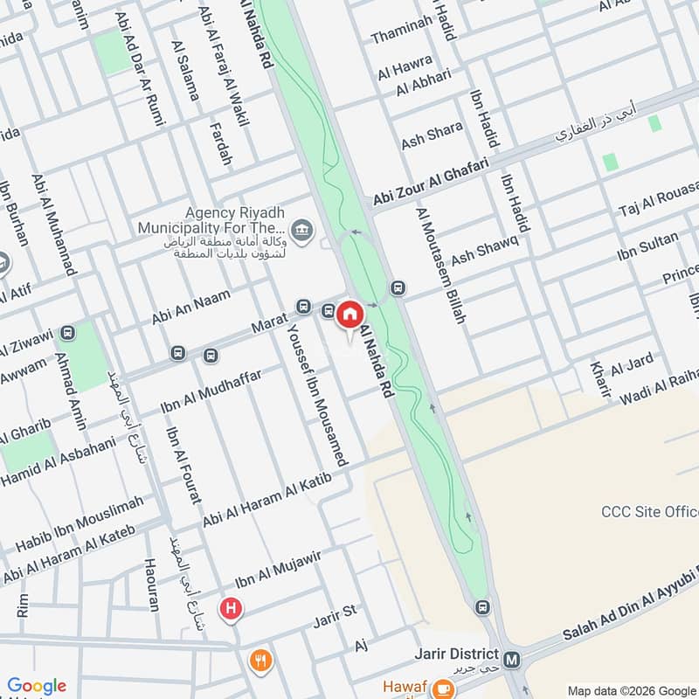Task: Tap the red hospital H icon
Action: click(231, 608)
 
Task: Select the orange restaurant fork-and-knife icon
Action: click(260, 660)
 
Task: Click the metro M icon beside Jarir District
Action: click(513, 656)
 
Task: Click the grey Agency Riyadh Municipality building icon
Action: click(301, 231)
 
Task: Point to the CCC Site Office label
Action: click(650, 511)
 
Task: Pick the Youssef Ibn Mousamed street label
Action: click(318, 393)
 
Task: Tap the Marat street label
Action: click(269, 325)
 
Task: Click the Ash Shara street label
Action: click(432, 135)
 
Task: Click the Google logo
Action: click(37, 687)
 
